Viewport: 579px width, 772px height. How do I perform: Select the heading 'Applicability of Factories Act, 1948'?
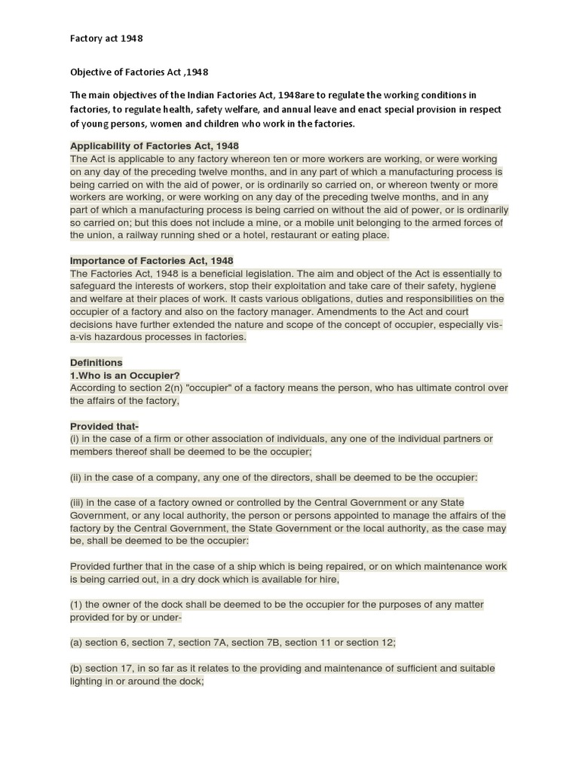click(155, 146)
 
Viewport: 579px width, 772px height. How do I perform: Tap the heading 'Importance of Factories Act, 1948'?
click(149, 260)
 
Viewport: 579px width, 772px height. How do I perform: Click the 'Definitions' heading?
click(96, 362)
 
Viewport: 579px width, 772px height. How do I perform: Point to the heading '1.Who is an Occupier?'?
click(124, 375)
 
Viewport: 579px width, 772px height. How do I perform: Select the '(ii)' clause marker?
click(78, 477)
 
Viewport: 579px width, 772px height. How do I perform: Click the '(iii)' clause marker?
click(80, 502)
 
